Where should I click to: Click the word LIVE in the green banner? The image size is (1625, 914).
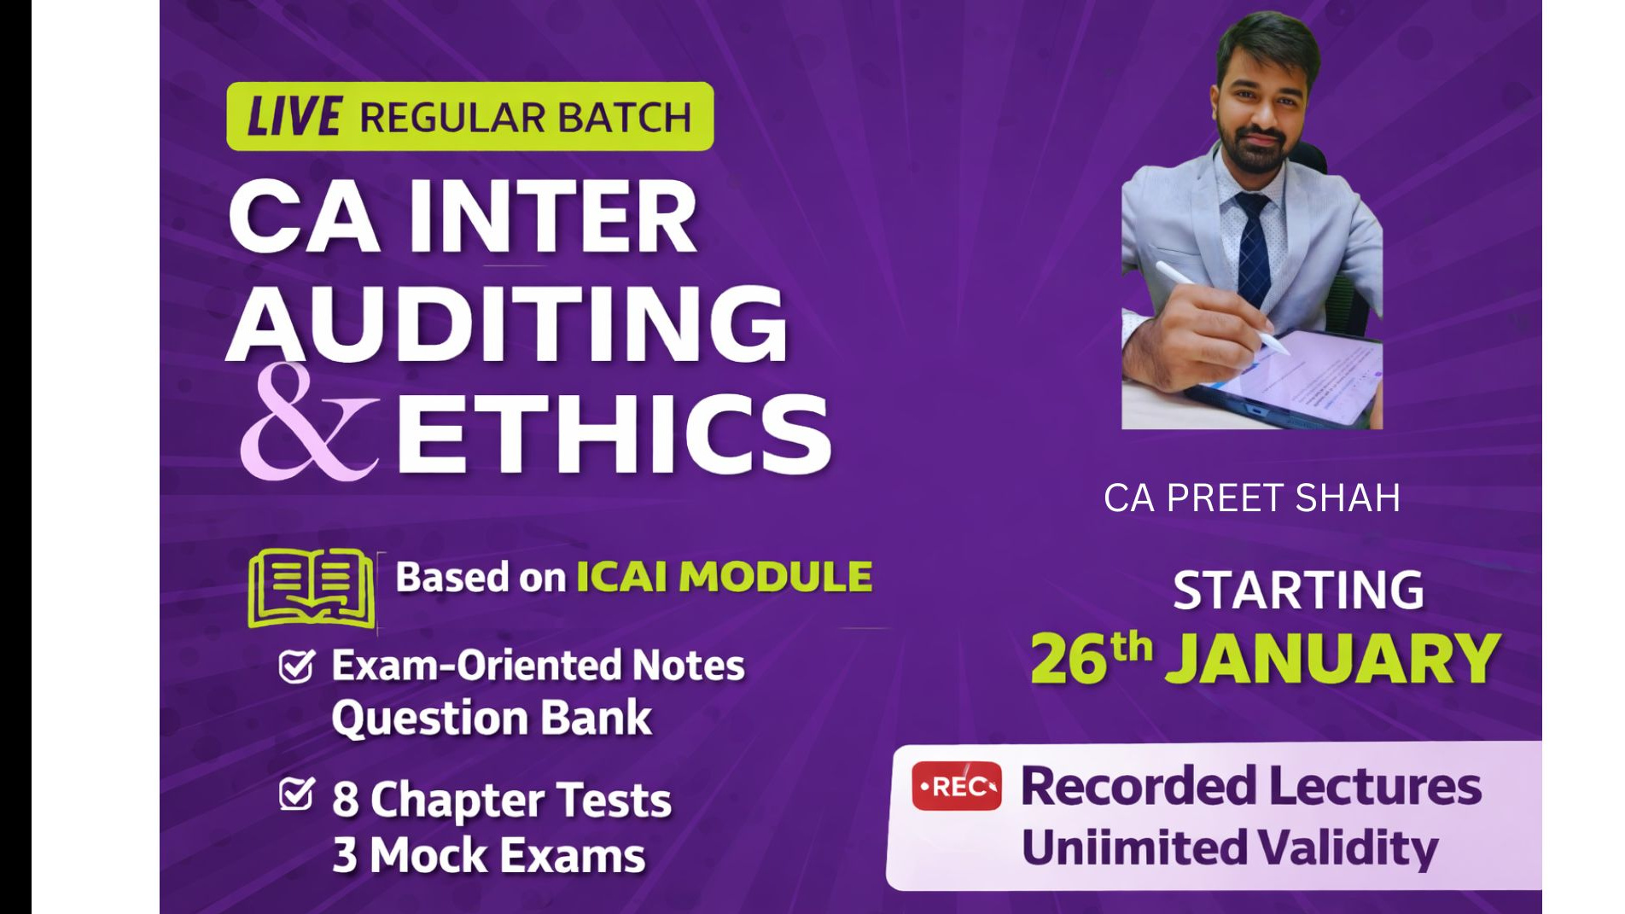tap(294, 117)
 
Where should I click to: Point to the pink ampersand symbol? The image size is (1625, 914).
tap(307, 422)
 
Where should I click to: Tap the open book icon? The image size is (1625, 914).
tap(312, 588)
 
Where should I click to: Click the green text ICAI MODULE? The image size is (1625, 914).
tap(725, 577)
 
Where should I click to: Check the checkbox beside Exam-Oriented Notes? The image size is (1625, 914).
tap(297, 667)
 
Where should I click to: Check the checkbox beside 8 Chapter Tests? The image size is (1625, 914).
tap(297, 794)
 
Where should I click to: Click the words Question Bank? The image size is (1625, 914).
tap(492, 718)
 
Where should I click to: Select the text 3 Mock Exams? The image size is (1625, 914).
tap(489, 855)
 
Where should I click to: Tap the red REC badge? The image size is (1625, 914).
tap(957, 786)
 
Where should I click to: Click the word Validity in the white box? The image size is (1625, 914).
tap(1348, 848)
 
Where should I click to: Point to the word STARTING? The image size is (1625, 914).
tap(1298, 590)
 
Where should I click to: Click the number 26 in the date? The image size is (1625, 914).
tap(1069, 659)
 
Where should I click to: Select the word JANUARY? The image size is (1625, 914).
tap(1333, 659)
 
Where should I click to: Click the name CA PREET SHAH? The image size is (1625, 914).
tap(1252, 498)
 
